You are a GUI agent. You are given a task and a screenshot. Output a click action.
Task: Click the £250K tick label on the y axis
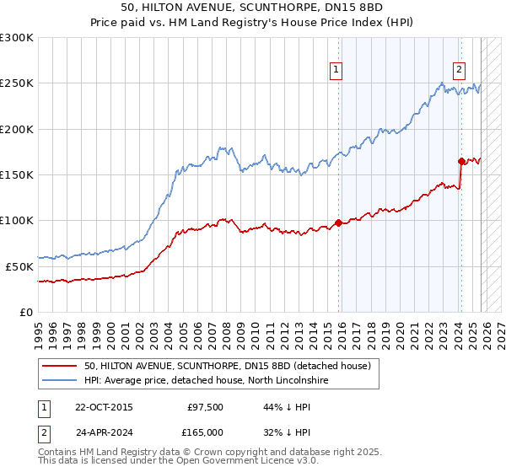pyautogui.click(x=17, y=83)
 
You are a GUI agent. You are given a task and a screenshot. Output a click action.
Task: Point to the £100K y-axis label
pyautogui.click(x=17, y=221)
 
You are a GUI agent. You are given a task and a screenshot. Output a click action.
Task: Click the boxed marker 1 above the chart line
pyautogui.click(x=336, y=70)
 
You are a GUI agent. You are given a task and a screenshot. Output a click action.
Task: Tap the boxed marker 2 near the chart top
pyautogui.click(x=460, y=70)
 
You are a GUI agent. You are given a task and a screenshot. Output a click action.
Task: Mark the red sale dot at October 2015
pyautogui.click(x=338, y=223)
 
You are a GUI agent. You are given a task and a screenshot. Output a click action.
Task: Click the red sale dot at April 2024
pyautogui.click(x=461, y=161)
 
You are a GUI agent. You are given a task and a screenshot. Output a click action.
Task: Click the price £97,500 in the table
pyautogui.click(x=206, y=406)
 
